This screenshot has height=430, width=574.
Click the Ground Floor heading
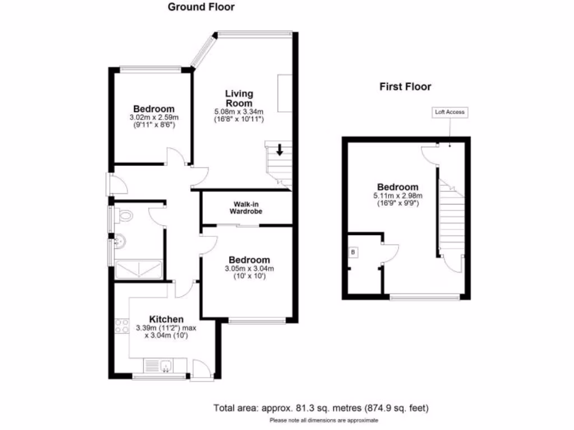[x=201, y=7]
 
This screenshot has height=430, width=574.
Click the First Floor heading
[x=405, y=87]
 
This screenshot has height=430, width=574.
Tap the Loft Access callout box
[x=450, y=112]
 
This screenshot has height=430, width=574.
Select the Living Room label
[x=239, y=99]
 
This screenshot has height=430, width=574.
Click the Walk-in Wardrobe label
[x=246, y=208]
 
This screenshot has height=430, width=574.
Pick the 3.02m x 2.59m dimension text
[x=154, y=118]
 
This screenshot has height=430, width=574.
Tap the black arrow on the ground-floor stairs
[x=279, y=150]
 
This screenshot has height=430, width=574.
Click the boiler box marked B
[x=353, y=253]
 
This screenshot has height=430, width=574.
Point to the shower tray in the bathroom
[x=138, y=269]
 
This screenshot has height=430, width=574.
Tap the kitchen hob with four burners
[x=122, y=326]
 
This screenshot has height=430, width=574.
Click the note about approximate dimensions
[x=323, y=420]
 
